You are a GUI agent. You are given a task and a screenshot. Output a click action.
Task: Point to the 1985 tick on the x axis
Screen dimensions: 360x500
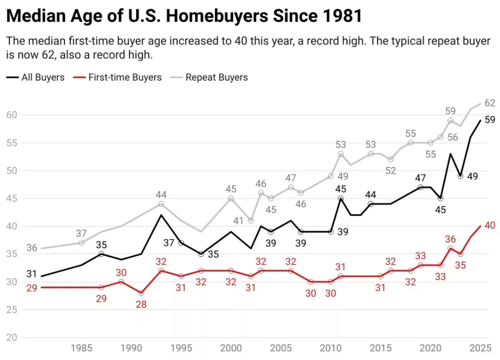(x=81, y=348)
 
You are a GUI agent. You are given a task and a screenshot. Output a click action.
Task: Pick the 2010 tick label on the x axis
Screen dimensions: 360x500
(x=331, y=348)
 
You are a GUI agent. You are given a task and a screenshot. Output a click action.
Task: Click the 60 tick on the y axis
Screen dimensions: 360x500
(x=12, y=115)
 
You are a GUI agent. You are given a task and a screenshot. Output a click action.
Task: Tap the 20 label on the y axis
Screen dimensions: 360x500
(x=12, y=337)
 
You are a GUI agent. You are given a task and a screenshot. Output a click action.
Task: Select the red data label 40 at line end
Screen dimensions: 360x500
(x=490, y=225)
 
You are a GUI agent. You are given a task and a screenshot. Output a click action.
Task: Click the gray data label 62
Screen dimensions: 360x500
(x=490, y=103)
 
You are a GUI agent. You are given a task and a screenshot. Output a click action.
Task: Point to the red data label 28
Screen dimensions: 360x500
(x=141, y=304)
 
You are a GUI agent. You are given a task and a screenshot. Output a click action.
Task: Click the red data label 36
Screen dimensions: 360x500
(x=450, y=239)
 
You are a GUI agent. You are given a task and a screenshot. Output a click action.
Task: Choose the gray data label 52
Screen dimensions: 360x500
(x=391, y=171)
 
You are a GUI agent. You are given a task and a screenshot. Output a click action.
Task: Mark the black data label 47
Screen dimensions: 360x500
(x=420, y=178)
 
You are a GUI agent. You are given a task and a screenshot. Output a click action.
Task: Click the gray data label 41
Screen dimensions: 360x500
(x=238, y=221)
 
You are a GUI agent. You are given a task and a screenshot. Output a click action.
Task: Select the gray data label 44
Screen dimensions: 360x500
(x=161, y=195)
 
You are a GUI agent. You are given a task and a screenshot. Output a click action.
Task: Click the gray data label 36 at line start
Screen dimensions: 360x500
(x=31, y=248)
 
